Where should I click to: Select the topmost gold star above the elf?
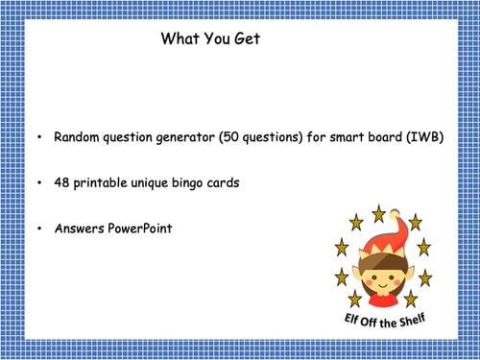[x=381, y=209]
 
